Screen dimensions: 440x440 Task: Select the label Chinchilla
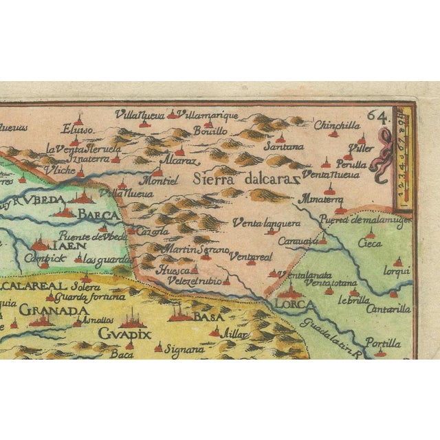[336, 125]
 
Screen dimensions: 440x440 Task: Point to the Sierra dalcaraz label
[246, 180]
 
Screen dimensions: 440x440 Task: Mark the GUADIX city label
[124, 333]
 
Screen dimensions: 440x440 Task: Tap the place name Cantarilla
[391, 309]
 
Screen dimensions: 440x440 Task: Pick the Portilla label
[383, 342]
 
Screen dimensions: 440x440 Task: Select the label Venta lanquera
[265, 223]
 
